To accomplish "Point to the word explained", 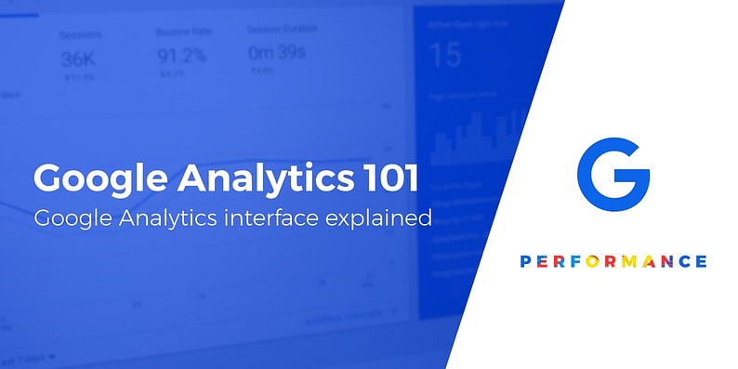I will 386,220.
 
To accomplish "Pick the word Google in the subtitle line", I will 72,220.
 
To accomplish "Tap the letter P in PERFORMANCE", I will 523,261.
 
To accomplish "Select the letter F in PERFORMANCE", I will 573,261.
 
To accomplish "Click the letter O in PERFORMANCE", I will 591,261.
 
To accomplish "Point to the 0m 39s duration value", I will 276,53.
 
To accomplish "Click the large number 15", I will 446,55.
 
